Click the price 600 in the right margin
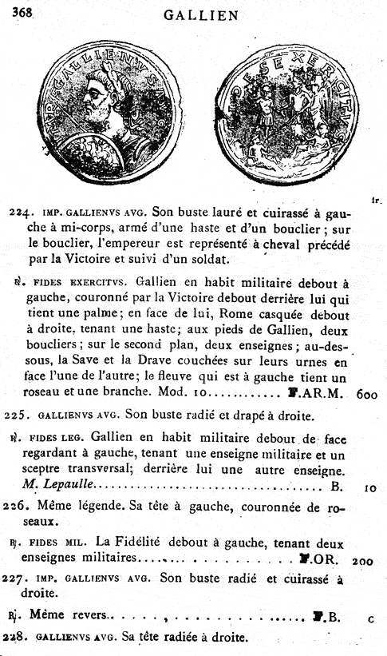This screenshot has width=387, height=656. pos(369,394)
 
